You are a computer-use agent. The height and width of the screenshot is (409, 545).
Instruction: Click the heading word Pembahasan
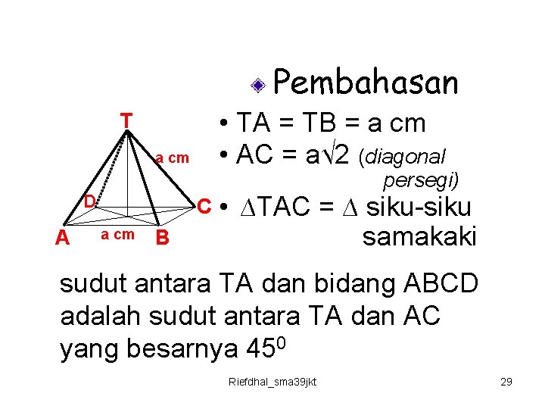point(366,83)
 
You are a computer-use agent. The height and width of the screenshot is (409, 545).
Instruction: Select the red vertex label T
point(126,120)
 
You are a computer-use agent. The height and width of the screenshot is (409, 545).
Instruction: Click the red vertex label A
point(63,239)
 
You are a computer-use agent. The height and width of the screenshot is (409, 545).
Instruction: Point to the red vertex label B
point(160,239)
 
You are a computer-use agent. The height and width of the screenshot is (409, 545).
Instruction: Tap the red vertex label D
point(89,201)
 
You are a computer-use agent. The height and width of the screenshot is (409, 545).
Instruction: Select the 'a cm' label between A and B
point(117,235)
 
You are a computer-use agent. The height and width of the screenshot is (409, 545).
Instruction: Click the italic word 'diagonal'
point(403,157)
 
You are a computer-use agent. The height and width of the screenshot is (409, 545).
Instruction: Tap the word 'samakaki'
point(419,237)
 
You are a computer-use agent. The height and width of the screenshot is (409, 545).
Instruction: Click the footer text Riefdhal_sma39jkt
point(272,382)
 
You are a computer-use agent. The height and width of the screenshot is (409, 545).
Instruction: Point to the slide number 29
point(506,382)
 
